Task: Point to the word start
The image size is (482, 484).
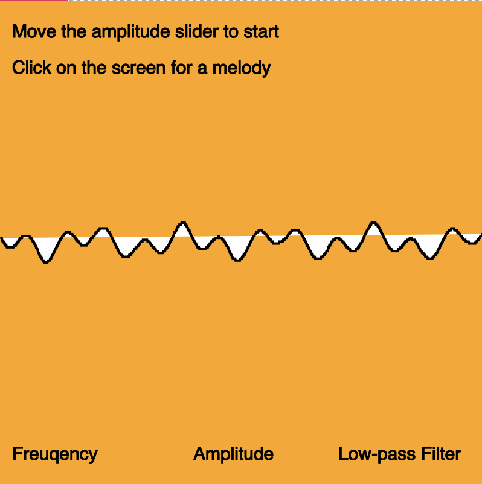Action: click(262, 31)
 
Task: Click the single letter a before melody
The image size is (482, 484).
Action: click(204, 68)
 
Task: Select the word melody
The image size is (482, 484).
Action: click(242, 68)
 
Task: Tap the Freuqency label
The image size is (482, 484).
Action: click(54, 454)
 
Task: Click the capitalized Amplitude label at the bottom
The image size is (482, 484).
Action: click(233, 454)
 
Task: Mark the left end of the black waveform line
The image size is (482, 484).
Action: click(1, 239)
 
